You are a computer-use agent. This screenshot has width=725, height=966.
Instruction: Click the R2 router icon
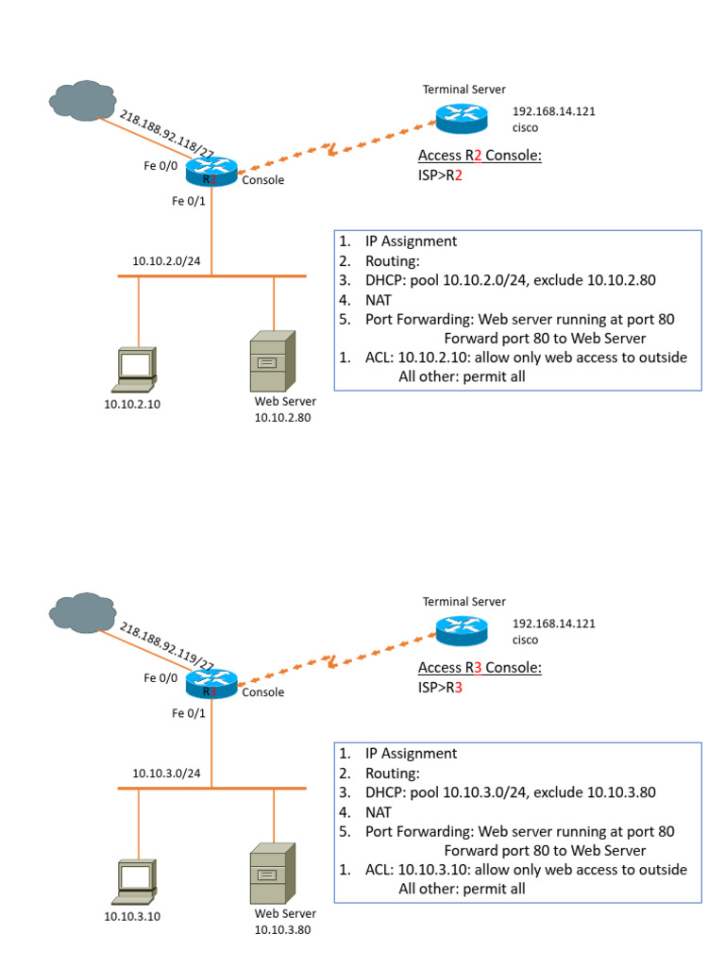211,173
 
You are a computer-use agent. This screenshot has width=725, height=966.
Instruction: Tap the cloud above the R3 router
80,612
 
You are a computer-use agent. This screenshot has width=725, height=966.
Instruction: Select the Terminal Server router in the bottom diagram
462,629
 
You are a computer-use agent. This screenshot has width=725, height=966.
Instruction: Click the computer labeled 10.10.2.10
134,370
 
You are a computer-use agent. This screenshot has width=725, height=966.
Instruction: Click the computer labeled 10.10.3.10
134,882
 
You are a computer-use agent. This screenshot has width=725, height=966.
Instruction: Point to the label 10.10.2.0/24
166,261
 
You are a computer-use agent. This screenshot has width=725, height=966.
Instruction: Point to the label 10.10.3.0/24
166,774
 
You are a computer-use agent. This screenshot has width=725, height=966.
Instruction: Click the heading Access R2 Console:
480,157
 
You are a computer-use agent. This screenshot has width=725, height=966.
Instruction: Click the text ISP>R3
440,688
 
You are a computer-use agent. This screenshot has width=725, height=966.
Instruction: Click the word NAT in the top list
379,299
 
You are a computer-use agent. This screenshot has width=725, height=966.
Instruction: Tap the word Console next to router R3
262,692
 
